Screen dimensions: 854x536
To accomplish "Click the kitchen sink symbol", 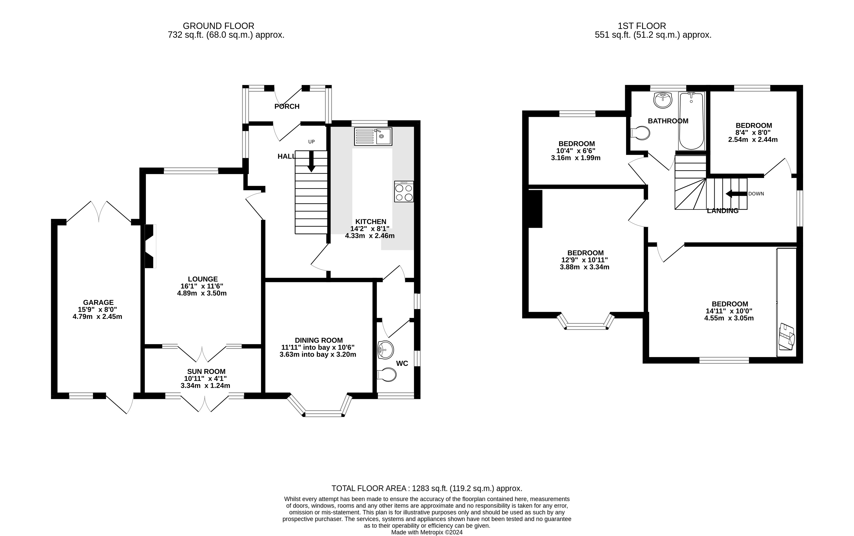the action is pos(373,137).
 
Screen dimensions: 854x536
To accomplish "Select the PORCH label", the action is pos(287,106).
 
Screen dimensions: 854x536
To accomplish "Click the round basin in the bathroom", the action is pos(663,100).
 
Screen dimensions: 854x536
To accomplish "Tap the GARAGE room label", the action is pos(98,302).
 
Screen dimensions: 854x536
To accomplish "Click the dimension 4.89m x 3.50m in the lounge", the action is pos(202,293).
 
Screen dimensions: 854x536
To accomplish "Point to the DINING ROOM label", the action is pos(319,340).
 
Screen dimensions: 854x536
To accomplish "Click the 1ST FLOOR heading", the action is pos(642,26).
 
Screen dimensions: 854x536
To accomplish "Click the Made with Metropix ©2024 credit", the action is pos(427,532).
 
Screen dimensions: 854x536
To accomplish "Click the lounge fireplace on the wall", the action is pos(150,246).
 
